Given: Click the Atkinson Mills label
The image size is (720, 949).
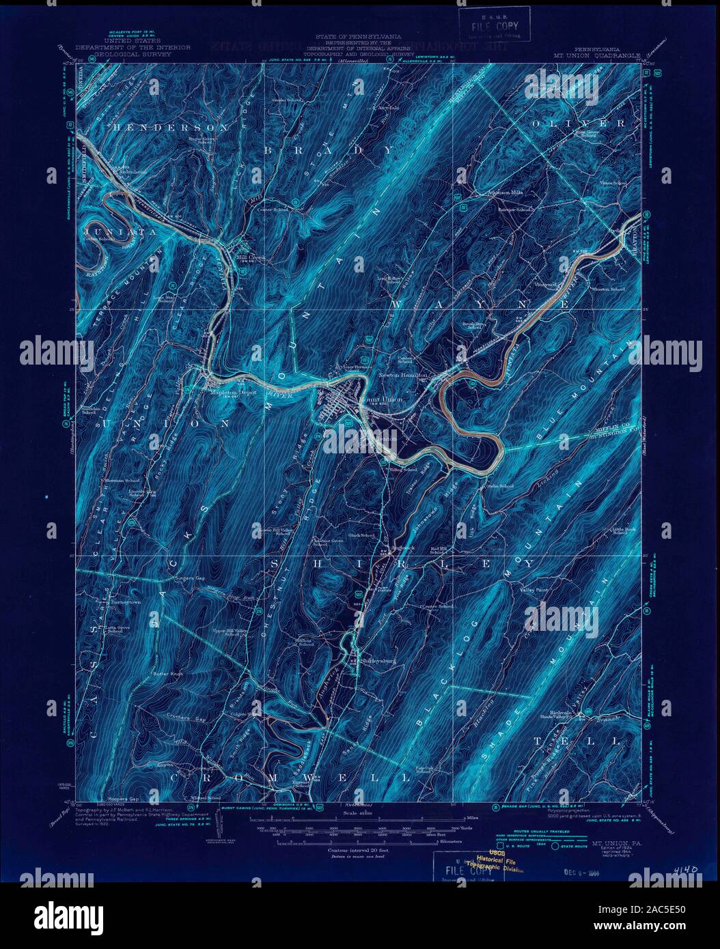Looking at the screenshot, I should pos(504,193).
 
